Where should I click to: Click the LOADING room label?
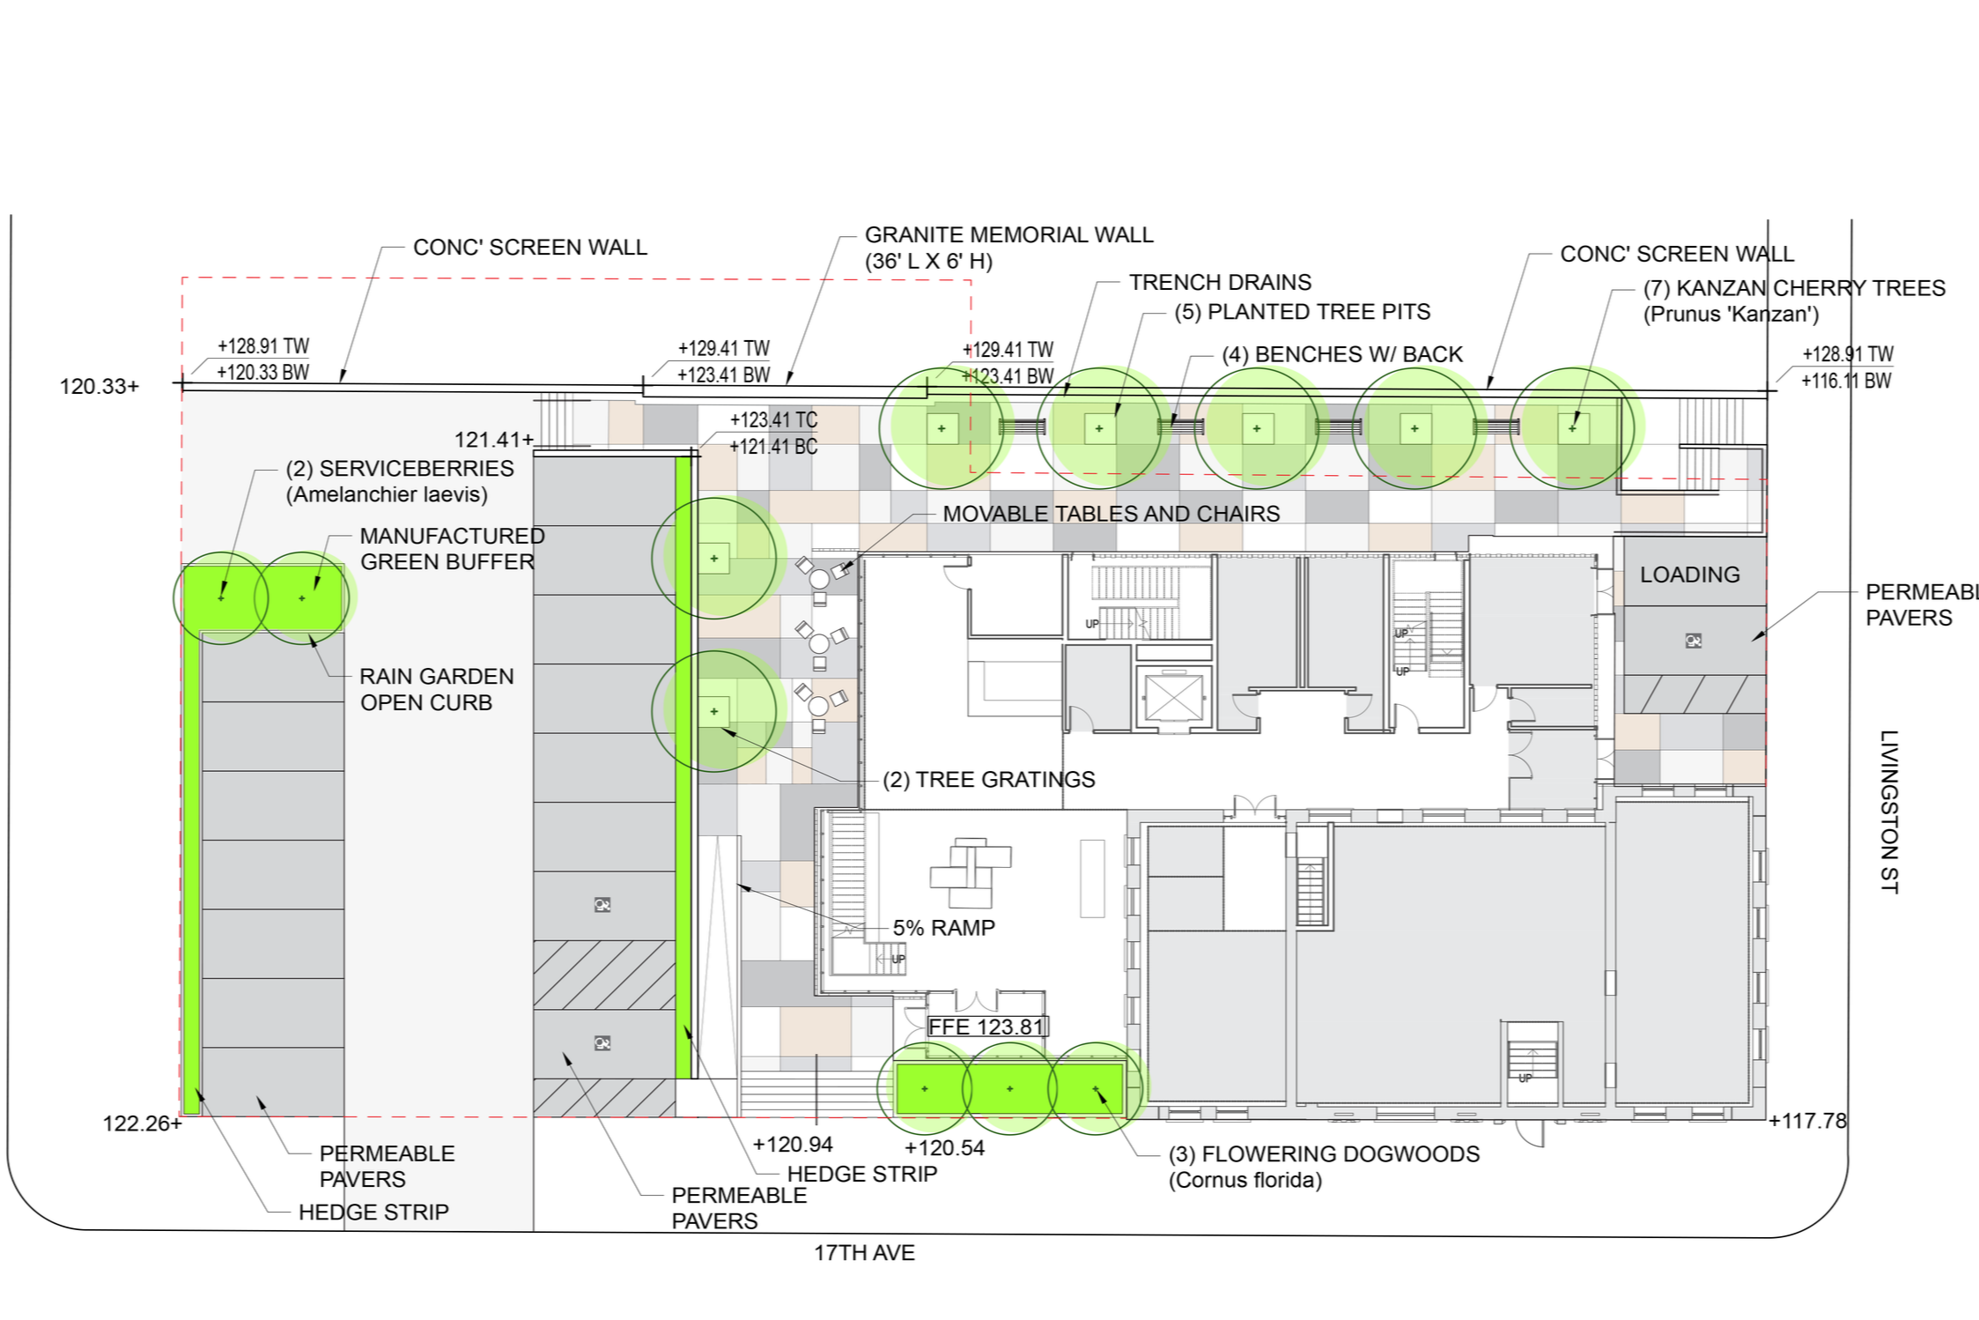(x=1689, y=575)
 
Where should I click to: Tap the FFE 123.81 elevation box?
(x=987, y=1027)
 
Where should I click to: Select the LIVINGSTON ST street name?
(x=1888, y=812)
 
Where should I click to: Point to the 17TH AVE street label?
(x=864, y=1252)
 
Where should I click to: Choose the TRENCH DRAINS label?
(x=1220, y=282)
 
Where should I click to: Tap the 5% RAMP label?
(x=943, y=927)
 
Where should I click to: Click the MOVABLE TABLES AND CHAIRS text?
(x=1111, y=514)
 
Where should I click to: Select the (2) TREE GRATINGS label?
(x=988, y=779)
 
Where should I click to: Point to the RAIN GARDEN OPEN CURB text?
(x=436, y=689)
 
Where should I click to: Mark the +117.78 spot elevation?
(x=1807, y=1121)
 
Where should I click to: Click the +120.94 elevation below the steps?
(x=793, y=1144)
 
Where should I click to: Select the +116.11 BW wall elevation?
(x=1846, y=381)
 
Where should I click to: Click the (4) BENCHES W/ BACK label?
(x=1341, y=354)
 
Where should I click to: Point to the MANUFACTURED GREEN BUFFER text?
(x=452, y=549)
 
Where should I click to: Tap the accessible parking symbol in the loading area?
(x=1693, y=641)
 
